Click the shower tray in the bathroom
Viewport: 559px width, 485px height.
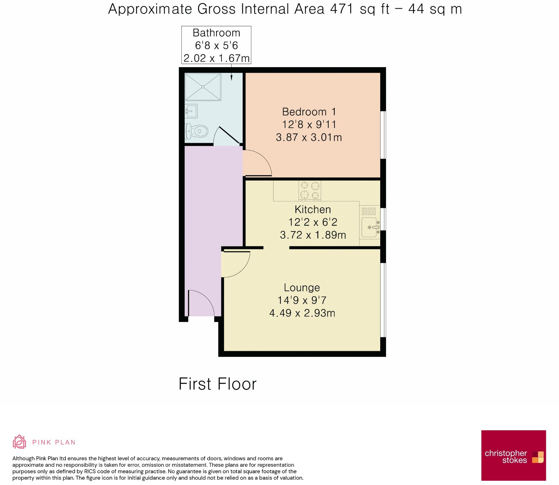tap(203, 87)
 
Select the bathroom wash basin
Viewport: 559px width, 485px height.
tap(191, 111)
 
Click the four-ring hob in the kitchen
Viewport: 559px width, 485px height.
tap(310, 190)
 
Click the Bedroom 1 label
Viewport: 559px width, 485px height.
tap(309, 112)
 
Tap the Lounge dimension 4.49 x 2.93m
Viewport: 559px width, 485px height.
tap(302, 313)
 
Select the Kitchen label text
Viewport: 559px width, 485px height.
tap(313, 210)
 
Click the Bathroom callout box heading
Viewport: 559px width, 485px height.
tap(216, 33)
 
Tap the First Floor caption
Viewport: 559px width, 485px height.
tap(218, 384)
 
